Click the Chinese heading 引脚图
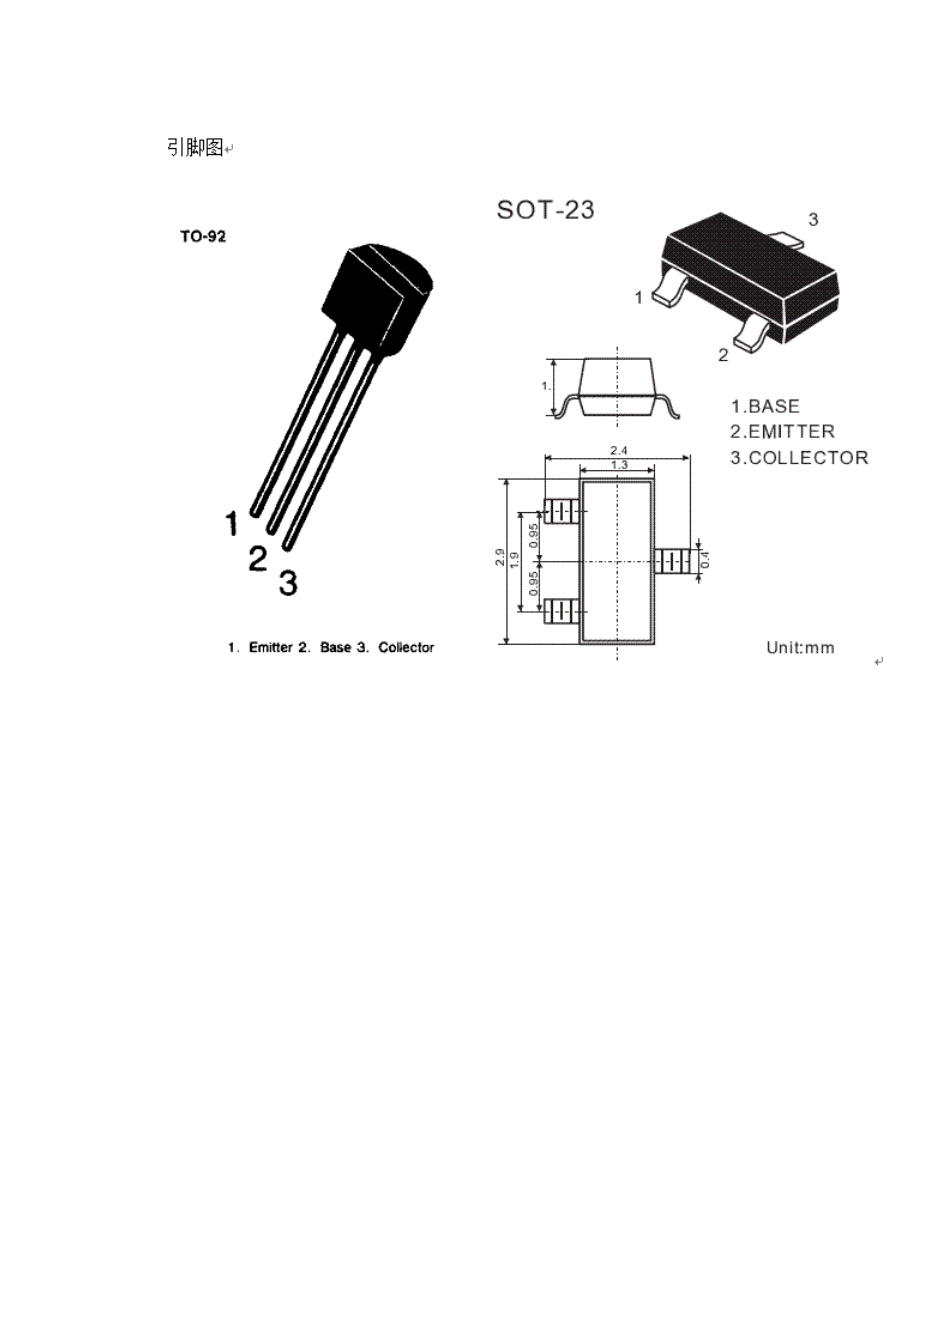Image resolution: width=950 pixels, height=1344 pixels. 194,147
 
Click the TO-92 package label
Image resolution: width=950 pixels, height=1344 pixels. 203,236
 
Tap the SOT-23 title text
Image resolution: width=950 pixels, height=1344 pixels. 546,210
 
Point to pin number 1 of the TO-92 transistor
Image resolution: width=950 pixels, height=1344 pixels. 232,523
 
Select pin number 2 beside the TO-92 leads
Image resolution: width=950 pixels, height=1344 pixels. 257,559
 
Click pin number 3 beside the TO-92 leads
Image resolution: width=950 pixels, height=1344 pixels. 288,583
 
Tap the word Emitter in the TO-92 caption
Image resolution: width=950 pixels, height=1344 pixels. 271,647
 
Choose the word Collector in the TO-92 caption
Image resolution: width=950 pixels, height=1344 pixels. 406,647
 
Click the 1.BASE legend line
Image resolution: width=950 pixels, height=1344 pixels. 765,406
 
